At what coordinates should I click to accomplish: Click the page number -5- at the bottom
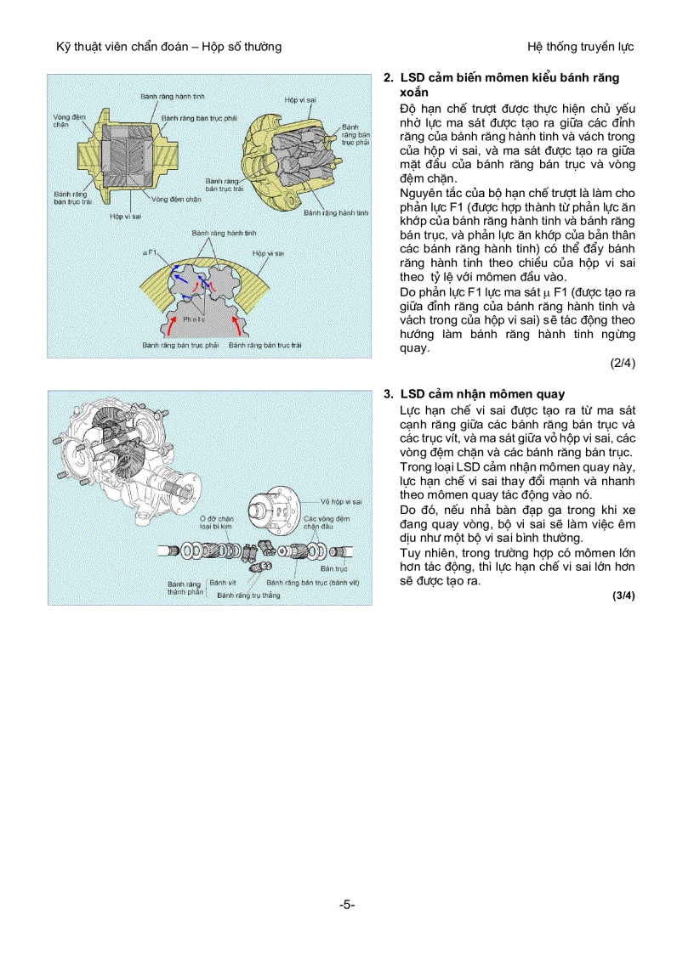[x=347, y=905]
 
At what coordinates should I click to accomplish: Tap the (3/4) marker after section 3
[x=623, y=596]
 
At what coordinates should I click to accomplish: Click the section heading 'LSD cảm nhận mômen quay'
[x=482, y=394]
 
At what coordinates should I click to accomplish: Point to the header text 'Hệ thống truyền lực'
[x=580, y=46]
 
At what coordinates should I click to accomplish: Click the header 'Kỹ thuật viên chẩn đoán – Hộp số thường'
[x=163, y=46]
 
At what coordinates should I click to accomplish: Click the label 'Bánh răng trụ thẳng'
[x=247, y=596]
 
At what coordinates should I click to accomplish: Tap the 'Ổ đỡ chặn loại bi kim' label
[x=216, y=522]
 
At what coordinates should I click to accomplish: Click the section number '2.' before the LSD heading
[x=388, y=78]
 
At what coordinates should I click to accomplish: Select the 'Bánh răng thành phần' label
[x=185, y=588]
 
